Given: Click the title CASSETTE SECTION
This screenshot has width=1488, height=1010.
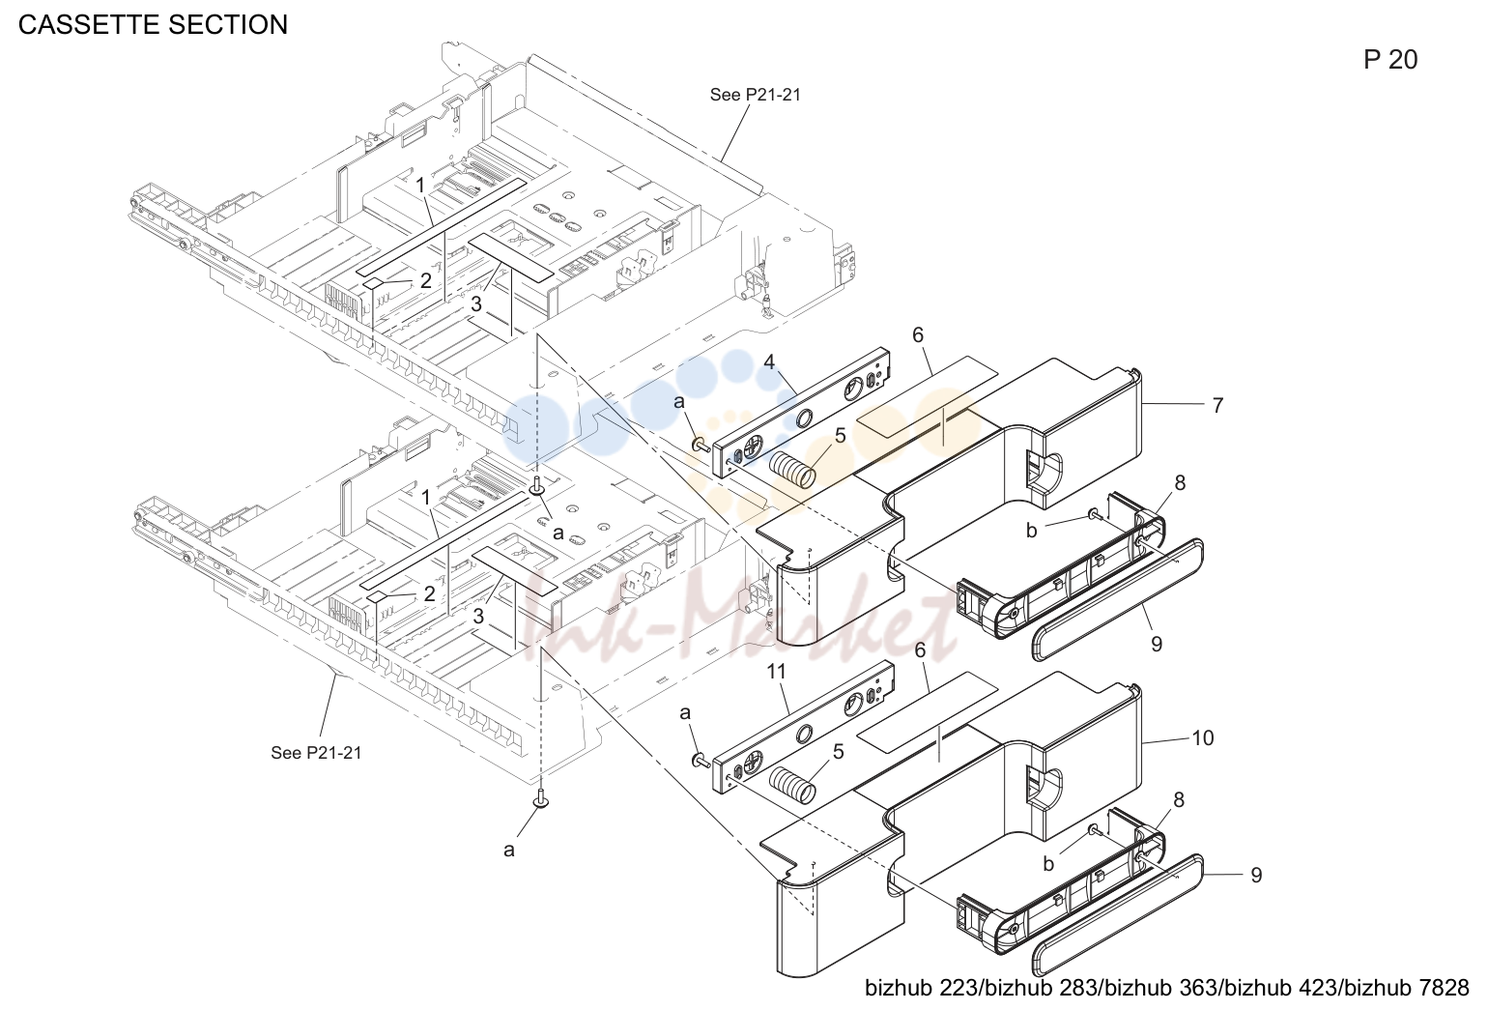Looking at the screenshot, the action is tap(153, 24).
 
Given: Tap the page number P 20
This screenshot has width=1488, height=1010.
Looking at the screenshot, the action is tap(1390, 60).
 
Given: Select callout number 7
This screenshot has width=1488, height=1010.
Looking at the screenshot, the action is tap(1217, 405).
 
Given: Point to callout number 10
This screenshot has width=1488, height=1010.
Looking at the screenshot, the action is tap(1203, 737).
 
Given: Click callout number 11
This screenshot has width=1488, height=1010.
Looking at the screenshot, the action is tap(777, 672).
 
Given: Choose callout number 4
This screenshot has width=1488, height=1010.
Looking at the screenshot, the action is tap(769, 362).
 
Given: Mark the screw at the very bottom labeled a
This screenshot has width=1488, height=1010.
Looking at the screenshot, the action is tap(541, 798).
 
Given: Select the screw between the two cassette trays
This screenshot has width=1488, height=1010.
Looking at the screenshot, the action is tap(537, 486).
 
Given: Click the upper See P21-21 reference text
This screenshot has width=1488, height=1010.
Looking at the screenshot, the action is tap(756, 95).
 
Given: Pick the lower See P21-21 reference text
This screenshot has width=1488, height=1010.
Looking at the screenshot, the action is tap(316, 753).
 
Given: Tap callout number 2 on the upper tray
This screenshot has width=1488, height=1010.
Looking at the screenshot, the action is tap(426, 281).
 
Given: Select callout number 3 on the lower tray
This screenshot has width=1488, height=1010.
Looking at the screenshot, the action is tap(478, 617).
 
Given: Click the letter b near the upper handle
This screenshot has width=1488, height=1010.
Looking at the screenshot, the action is tap(1032, 530).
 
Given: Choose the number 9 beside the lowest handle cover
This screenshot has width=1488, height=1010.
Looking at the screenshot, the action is tap(1256, 875).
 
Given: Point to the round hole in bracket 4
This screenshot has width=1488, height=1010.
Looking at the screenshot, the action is tap(803, 418).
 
